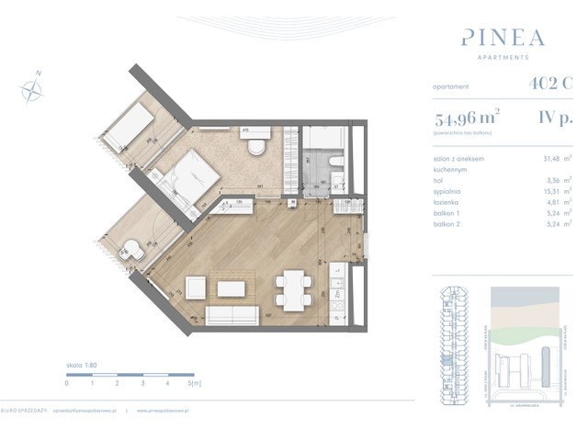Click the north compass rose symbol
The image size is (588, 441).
coord(32,88)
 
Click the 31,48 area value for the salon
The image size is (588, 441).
coord(552,159)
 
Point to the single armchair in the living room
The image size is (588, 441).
coord(196,287)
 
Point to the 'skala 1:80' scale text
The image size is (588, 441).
coord(83,365)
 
